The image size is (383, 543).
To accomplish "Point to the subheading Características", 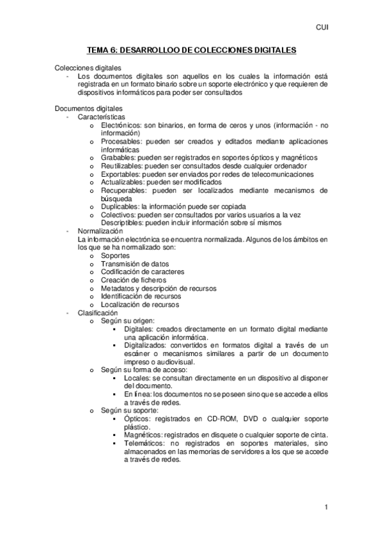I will [x=101, y=117].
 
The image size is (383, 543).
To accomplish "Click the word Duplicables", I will [x=120, y=207].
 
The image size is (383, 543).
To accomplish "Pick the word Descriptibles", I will [x=122, y=223].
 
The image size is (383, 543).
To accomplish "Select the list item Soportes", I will [x=115, y=255].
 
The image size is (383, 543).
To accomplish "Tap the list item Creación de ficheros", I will [x=133, y=280].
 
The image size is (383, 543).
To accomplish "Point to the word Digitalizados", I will [x=147, y=346].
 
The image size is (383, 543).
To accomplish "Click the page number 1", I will [x=326, y=508].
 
